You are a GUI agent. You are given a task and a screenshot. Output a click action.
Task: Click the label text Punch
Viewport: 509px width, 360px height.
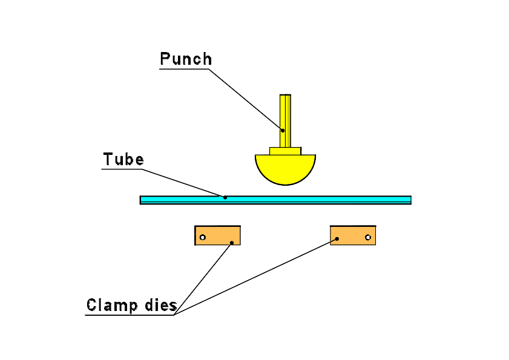coord(186,59)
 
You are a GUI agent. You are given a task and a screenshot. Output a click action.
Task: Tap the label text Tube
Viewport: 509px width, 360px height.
coord(123,160)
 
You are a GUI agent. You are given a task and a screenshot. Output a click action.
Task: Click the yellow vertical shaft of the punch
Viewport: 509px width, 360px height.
coord(285,115)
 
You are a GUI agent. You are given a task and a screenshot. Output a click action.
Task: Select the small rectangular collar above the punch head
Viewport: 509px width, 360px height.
coord(285,151)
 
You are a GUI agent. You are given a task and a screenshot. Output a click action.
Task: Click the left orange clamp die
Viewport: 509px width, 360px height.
coord(218,235)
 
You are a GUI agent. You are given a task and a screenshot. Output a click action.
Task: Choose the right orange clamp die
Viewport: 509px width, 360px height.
coord(353,235)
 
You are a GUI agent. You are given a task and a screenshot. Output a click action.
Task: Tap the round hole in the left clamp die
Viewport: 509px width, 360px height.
coord(203,237)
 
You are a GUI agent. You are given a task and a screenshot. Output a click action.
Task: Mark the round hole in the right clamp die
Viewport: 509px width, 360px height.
coord(367,237)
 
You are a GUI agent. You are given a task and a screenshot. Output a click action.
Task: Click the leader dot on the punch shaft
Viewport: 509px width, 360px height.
coord(283,130)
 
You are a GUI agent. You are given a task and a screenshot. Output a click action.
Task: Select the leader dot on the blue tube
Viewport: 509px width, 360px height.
coord(225,197)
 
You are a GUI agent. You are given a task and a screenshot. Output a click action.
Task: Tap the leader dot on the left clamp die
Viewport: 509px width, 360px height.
coord(232,243)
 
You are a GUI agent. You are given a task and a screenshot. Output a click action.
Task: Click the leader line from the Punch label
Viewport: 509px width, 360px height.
coord(245,99)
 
